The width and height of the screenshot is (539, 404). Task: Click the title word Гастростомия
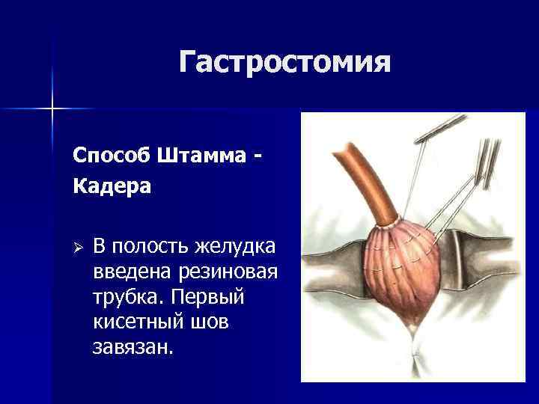tap(284, 62)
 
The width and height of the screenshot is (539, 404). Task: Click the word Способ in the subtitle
tap(112, 156)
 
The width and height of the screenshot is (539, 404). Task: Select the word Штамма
tap(202, 155)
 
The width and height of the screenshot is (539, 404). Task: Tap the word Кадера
tap(112, 186)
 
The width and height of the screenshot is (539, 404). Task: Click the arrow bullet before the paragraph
tap(78, 248)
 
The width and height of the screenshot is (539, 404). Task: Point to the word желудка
tap(235, 247)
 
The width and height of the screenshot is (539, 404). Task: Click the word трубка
tap(127, 297)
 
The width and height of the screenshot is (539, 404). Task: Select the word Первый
tap(207, 296)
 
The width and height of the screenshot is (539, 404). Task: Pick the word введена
tap(132, 272)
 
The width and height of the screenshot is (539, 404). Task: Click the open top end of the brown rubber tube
tap(343, 149)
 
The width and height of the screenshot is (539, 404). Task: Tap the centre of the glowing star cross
tap(52, 109)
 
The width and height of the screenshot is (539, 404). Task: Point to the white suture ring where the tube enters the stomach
tap(389, 225)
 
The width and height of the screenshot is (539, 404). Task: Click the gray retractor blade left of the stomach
tap(333, 268)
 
